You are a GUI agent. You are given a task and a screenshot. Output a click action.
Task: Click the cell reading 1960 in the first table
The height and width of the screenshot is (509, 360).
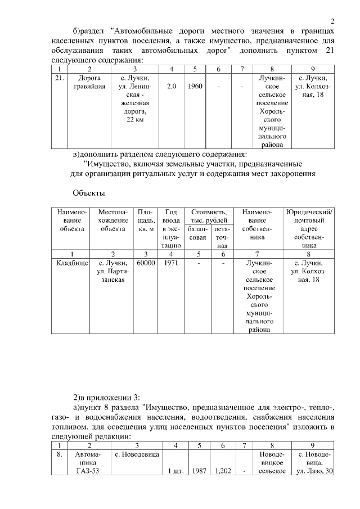click(196, 87)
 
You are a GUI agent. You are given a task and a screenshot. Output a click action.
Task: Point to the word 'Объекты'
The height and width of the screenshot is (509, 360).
click(88, 193)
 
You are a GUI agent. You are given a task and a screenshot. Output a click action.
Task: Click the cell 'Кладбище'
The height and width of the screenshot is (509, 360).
click(72, 263)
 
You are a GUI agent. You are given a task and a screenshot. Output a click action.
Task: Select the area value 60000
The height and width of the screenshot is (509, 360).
click(146, 263)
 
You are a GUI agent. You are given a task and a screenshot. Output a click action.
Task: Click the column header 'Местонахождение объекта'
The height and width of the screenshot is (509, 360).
click(113, 220)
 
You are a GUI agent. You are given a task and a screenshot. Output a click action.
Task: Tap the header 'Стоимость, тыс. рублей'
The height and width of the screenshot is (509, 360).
click(209, 216)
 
